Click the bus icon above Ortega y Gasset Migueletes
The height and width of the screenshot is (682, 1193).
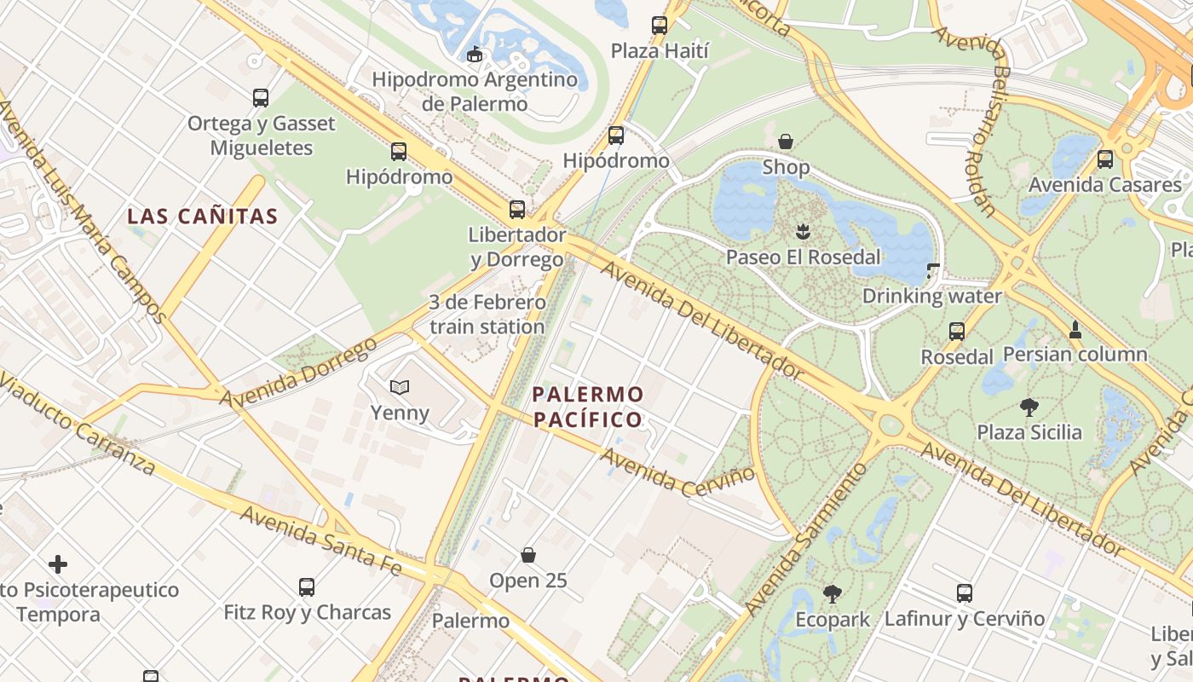(261, 98)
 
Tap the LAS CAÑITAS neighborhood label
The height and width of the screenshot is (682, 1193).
(203, 217)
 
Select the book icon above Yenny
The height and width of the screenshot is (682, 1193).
(400, 388)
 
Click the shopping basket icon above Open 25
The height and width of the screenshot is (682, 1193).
(528, 556)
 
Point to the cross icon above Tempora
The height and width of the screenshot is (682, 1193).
(58, 564)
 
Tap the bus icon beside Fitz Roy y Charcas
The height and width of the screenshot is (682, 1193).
(307, 587)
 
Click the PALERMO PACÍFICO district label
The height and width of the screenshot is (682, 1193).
(587, 407)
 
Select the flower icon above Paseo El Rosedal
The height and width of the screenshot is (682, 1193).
(802, 231)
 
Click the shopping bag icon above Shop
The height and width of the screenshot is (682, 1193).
(786, 141)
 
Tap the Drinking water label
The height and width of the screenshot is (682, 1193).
(932, 297)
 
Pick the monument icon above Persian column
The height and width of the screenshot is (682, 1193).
(1075, 329)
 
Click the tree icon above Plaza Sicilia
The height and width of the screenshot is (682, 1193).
(1029, 407)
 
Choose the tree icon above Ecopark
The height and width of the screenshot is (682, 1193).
(833, 594)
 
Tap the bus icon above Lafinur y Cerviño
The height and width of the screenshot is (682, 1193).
(965, 593)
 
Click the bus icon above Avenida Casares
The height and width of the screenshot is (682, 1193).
(1105, 159)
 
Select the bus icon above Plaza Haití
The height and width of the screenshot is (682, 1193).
(660, 26)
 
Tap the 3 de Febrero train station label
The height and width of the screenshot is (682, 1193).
(487, 315)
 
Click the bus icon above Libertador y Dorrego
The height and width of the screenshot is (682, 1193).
(517, 210)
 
